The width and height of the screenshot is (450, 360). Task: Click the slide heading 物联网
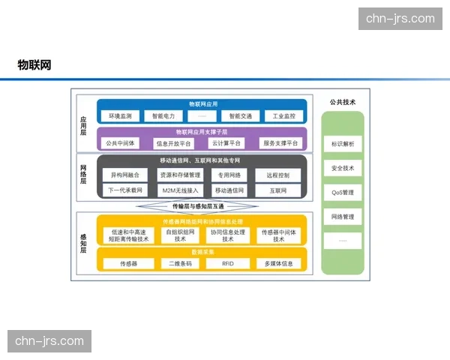[34, 65]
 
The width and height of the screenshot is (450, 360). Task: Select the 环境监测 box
[120, 116]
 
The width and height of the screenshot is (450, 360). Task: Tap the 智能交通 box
[240, 116]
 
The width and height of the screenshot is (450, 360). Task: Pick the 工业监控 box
[283, 116]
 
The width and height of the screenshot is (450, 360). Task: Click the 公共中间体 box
[120, 142]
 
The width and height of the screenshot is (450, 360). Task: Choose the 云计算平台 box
[226, 142]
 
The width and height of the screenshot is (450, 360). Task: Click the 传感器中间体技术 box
[279, 235]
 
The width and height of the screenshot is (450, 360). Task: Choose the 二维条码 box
[180, 264]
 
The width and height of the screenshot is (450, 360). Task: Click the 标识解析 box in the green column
[343, 143]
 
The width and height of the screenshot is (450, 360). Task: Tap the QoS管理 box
[343, 192]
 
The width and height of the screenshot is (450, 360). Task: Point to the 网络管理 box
[343, 217]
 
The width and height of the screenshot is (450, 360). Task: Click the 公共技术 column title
[342, 102]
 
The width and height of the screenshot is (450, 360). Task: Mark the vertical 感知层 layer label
[84, 244]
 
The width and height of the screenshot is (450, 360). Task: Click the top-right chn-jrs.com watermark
[400, 19]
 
